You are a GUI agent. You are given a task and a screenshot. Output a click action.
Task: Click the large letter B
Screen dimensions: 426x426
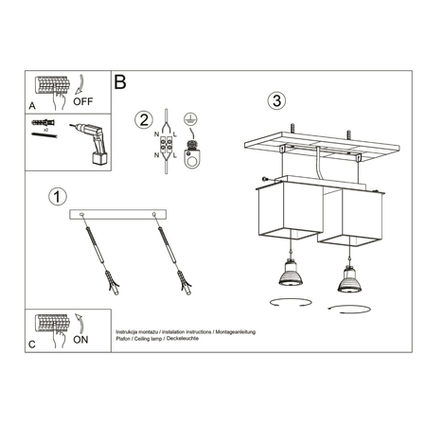click(x=120, y=82)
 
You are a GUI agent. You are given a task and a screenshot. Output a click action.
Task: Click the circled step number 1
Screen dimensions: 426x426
click(x=58, y=197)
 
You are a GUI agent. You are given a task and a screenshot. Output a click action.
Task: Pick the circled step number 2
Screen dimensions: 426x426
click(x=143, y=120)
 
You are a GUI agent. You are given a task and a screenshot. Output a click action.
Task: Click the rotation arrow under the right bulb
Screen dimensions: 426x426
click(x=344, y=308)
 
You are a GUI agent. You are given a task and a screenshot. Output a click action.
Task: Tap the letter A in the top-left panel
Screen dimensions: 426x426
click(x=33, y=107)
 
